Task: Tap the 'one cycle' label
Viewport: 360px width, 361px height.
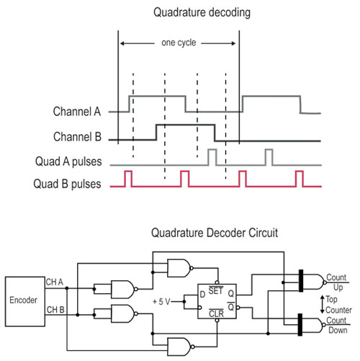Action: click(178, 43)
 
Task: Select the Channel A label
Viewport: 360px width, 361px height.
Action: click(77, 112)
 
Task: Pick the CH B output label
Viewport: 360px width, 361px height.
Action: click(55, 311)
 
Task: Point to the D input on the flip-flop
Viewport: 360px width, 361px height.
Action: click(203, 295)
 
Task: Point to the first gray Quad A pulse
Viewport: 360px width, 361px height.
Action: click(212, 156)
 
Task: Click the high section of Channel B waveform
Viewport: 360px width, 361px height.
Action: click(185, 125)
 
